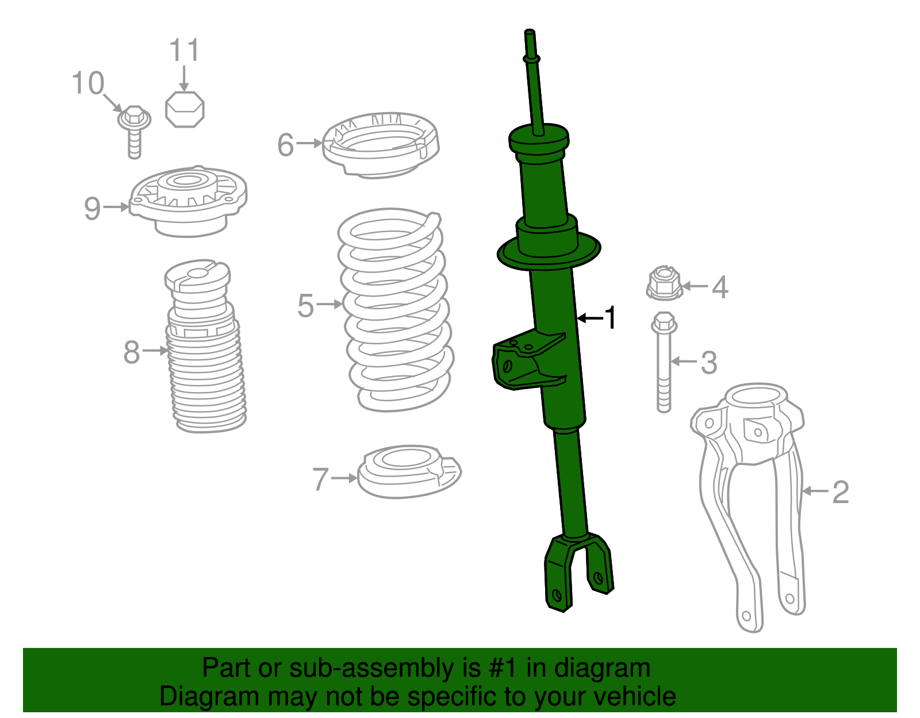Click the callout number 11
click(x=185, y=51)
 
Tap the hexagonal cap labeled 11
click(x=185, y=109)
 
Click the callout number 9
click(x=93, y=208)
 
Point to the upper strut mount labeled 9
click(x=189, y=201)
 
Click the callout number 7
click(x=320, y=479)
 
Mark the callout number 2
click(x=840, y=492)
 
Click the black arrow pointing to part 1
click(x=589, y=318)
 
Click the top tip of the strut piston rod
click(x=530, y=33)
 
